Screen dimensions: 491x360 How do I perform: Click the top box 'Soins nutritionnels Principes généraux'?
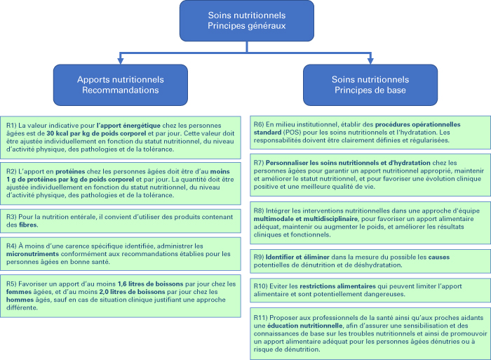tap(247, 20)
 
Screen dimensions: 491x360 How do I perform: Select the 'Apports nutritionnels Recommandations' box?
tap(121, 85)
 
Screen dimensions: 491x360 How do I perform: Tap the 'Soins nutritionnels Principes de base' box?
tap(370, 85)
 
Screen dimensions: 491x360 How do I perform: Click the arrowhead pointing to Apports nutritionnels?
tap(121, 60)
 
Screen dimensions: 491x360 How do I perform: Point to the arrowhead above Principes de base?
tap(370, 60)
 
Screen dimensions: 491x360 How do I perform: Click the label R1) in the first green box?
tap(11, 126)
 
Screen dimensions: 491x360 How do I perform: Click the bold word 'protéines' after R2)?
tap(70, 172)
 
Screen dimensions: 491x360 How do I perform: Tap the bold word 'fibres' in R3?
tap(28, 225)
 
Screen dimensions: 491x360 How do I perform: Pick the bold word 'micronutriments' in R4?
tap(32, 254)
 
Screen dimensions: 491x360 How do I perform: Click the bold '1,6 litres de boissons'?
tap(150, 284)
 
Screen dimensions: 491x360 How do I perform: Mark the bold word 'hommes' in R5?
tap(20, 300)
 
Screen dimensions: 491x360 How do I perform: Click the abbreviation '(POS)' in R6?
tap(292, 133)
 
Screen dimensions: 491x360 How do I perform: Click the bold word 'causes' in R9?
tap(438, 258)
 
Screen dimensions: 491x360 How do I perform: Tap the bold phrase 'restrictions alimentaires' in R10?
tap(337, 286)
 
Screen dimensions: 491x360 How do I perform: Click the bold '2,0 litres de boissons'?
tap(132, 292)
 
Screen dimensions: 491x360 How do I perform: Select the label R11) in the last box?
tap(260, 318)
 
